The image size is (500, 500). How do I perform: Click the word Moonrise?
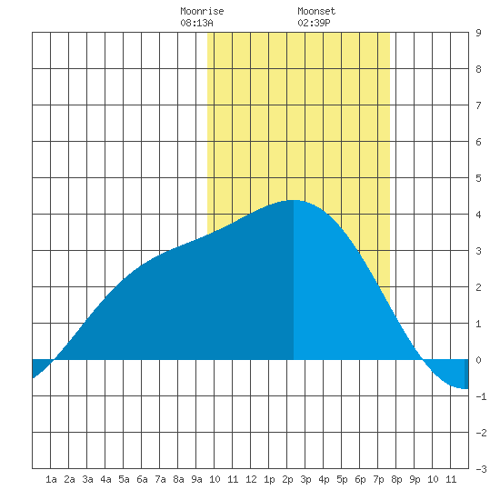[x=202, y=11]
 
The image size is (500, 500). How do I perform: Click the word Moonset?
[x=316, y=11]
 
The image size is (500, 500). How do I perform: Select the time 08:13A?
[x=196, y=23]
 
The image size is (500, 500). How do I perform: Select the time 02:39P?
[x=314, y=23]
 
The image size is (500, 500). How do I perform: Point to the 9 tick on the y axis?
[x=478, y=33]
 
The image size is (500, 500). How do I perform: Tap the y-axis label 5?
[x=478, y=178]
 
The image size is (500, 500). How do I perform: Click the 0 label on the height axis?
[x=478, y=360]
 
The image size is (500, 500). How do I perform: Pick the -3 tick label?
[x=481, y=469]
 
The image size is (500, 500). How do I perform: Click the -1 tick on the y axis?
[x=481, y=396]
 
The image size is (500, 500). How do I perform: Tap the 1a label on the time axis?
[x=51, y=479]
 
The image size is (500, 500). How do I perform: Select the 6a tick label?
[x=142, y=479]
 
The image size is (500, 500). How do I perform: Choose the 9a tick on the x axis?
[x=196, y=479]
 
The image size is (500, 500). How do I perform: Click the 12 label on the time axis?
[x=251, y=479]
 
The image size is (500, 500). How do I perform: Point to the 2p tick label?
[x=287, y=479]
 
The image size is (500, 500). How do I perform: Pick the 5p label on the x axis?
[x=342, y=479]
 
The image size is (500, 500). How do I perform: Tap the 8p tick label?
[x=396, y=479]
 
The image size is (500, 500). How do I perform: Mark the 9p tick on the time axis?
[x=415, y=479]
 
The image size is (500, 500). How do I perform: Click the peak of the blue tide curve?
[x=294, y=200]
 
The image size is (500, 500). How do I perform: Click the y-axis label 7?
[x=478, y=105]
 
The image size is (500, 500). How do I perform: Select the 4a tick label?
[x=105, y=479]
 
